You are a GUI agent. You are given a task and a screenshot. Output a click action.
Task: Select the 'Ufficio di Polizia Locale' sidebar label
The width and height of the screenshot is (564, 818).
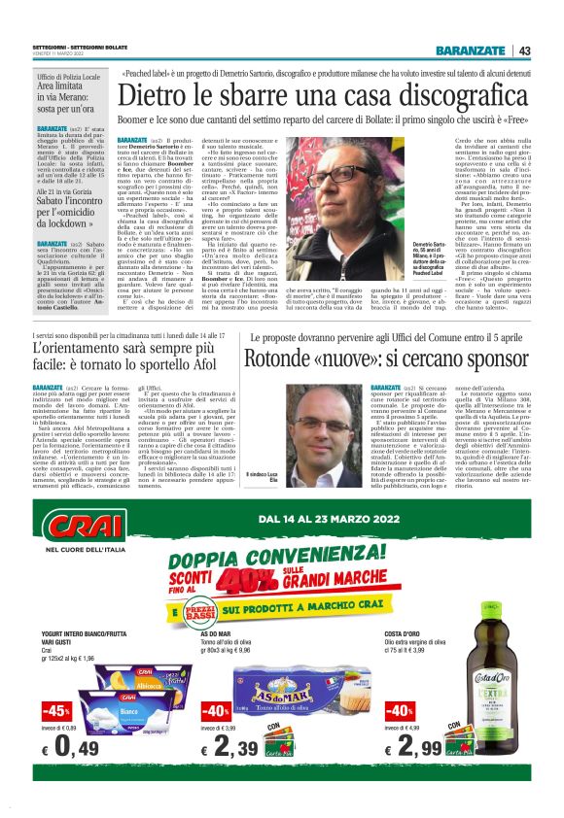[69, 76]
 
